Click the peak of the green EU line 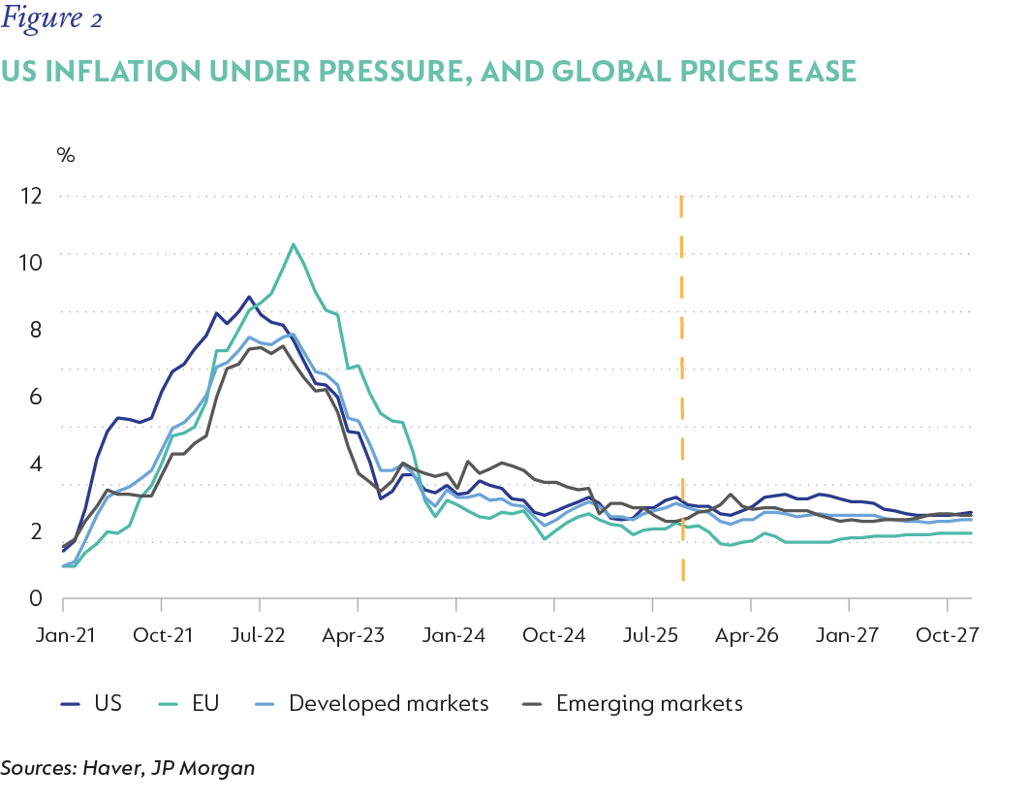(x=294, y=244)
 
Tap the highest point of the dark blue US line (x=249, y=297)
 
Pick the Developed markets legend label (x=389, y=703)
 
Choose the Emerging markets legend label (x=649, y=703)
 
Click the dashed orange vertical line (x=682, y=388)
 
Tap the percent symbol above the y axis (x=66, y=155)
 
